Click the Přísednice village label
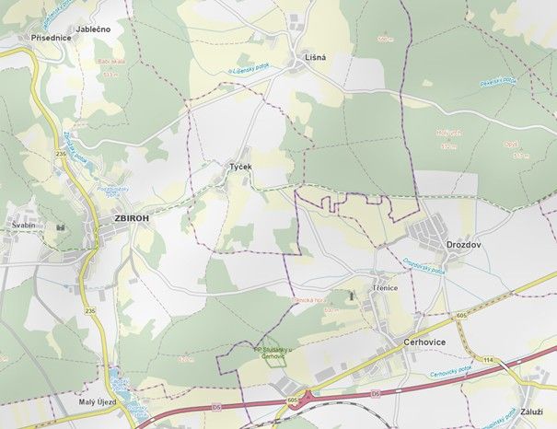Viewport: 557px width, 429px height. click(51, 38)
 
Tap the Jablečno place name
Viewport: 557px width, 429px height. click(93, 29)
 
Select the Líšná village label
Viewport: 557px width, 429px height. click(316, 58)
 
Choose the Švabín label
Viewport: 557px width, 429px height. click(23, 225)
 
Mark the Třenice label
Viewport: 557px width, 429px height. click(386, 287)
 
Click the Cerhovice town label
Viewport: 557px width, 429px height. click(425, 341)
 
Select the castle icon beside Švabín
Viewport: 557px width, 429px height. click(61, 225)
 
